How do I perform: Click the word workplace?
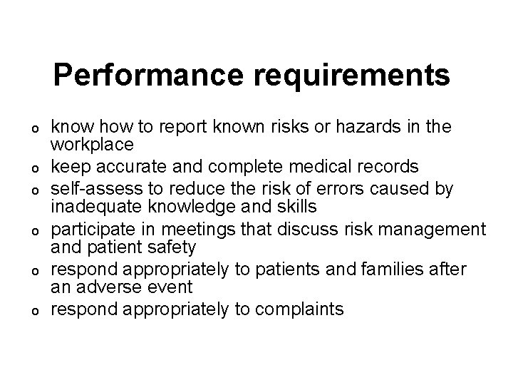click(92, 145)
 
